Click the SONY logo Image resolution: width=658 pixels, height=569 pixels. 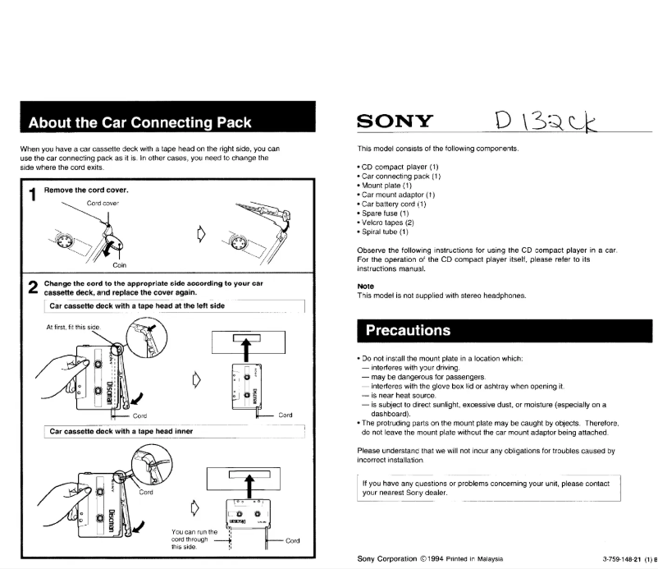pos(395,122)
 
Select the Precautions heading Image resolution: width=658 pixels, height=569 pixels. pos(408,331)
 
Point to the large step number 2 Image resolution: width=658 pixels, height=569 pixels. pos(32,287)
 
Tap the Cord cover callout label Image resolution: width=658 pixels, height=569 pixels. pos(103,203)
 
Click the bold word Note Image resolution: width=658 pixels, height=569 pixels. pos(367,287)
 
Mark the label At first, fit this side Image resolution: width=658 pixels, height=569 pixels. pos(73,327)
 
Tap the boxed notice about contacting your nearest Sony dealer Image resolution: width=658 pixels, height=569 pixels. pos(489,488)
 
